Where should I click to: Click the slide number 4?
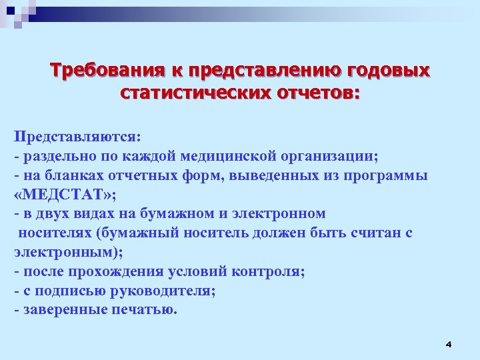click(x=448, y=344)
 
